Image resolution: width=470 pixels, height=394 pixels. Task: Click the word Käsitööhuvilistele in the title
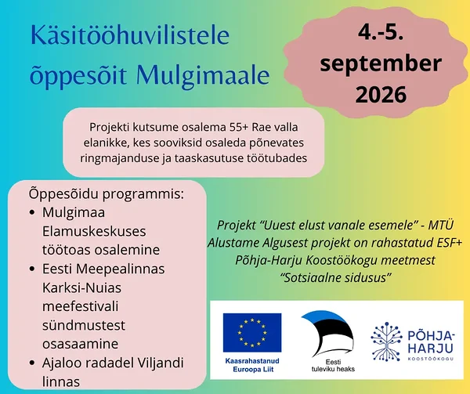pyautogui.click(x=130, y=35)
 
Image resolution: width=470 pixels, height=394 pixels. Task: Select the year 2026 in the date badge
pyautogui.click(x=381, y=94)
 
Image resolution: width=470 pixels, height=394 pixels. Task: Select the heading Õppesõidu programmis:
pyautogui.click(x=107, y=195)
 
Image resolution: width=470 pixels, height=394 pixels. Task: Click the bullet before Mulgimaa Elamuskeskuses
pyautogui.click(x=32, y=213)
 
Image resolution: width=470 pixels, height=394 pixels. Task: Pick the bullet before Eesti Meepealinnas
pyautogui.click(x=32, y=269)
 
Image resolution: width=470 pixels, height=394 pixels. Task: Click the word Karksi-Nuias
pyautogui.click(x=81, y=288)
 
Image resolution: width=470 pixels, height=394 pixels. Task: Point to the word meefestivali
pyautogui.click(x=81, y=306)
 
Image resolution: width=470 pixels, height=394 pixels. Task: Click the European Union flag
pyautogui.click(x=252, y=333)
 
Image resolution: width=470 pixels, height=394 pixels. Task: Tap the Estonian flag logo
pyautogui.click(x=328, y=334)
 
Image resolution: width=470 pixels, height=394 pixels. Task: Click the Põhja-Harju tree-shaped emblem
pyautogui.click(x=387, y=342)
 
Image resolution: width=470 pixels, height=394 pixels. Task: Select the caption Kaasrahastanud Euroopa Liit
pyautogui.click(x=252, y=365)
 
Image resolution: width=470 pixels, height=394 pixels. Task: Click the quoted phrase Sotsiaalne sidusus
pyautogui.click(x=336, y=278)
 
